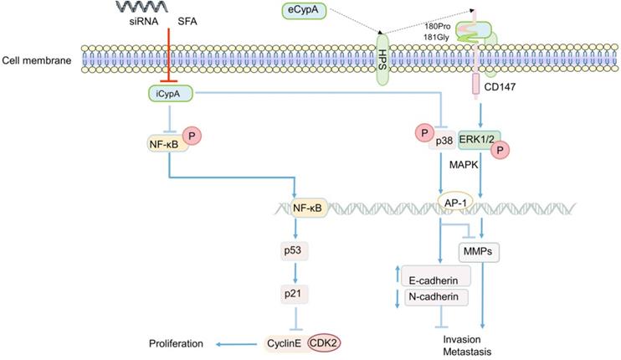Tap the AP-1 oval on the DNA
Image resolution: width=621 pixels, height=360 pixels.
[x=458, y=203]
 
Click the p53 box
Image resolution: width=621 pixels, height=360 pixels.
[x=294, y=249]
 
